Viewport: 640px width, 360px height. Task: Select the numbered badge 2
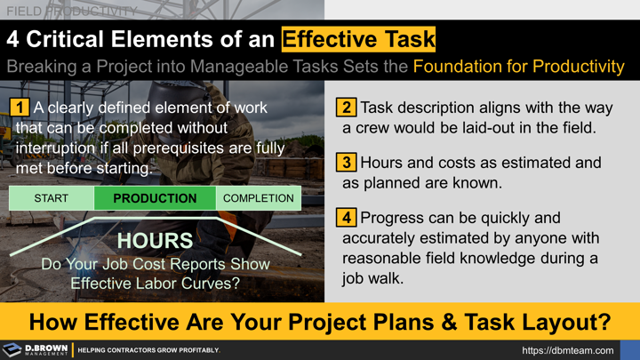pyautogui.click(x=346, y=108)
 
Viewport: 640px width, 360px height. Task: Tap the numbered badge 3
pyautogui.click(x=346, y=163)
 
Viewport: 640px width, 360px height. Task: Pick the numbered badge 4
pyautogui.click(x=346, y=218)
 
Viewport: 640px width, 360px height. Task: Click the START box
pyautogui.click(x=52, y=198)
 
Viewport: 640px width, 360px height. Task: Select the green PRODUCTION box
pyautogui.click(x=155, y=198)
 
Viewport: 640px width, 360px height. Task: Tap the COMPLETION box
pyautogui.click(x=259, y=198)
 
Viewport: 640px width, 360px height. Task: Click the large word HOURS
pyautogui.click(x=155, y=241)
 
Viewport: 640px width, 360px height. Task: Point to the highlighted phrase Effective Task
pyautogui.click(x=358, y=40)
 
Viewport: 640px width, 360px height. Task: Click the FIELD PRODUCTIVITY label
pyautogui.click(x=71, y=12)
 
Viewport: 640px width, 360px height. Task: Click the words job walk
pyautogui.click(x=373, y=277)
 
